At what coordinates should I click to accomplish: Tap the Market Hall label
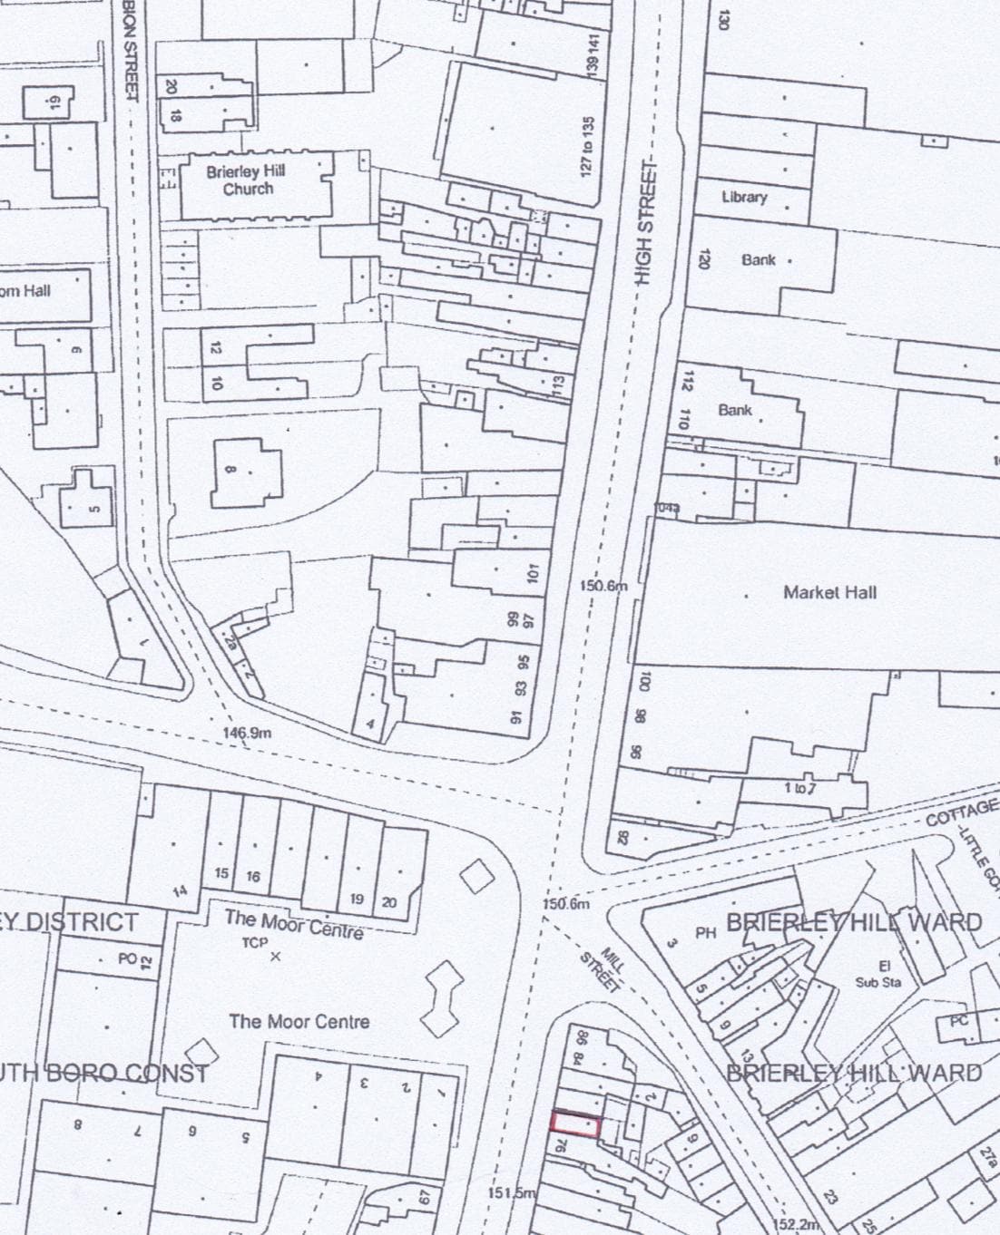click(829, 592)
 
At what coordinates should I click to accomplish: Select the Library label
click(744, 197)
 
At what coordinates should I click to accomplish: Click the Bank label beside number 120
click(759, 259)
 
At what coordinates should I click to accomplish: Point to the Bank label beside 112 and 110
click(735, 410)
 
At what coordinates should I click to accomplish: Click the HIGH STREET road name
click(645, 222)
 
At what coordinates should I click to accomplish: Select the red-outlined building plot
click(574, 1123)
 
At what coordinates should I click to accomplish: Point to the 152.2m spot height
click(799, 1224)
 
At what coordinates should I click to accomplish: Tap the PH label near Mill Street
click(706, 932)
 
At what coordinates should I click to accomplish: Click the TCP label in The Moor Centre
click(255, 943)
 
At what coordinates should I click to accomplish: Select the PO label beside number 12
click(126, 958)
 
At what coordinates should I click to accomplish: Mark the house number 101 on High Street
click(533, 573)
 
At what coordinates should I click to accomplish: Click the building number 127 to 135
click(588, 145)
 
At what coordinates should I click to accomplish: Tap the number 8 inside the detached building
click(230, 470)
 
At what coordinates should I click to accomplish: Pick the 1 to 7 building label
click(800, 788)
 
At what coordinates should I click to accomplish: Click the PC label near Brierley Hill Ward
click(959, 1021)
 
